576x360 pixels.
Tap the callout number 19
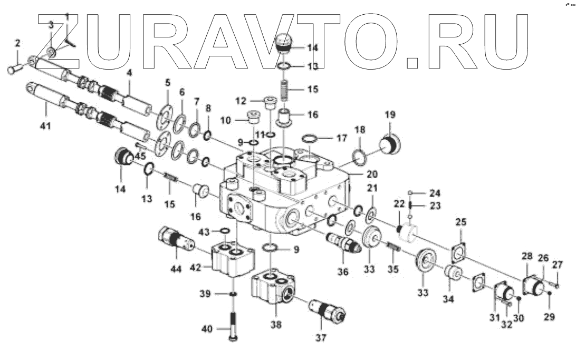tap(390, 114)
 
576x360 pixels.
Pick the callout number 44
tap(176, 269)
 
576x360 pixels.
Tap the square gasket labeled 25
tap(460, 250)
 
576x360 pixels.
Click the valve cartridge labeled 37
tap(327, 313)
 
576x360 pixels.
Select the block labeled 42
tap(232, 257)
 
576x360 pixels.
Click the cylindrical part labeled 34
tap(454, 275)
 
